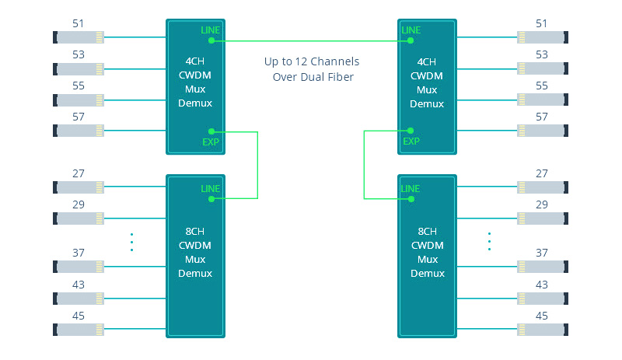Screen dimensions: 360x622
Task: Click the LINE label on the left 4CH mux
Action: [211, 30]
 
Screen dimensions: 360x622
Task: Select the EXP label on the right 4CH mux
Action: [411, 142]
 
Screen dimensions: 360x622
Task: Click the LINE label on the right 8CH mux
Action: [411, 189]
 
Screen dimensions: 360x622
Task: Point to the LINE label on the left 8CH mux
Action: [211, 189]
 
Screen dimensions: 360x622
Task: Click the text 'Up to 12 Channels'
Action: [311, 61]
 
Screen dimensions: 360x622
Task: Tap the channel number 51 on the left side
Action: [78, 23]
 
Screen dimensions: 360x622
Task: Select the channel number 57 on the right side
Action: [543, 117]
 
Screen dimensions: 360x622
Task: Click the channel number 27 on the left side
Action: [78, 174]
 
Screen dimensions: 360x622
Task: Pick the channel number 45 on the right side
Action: [543, 315]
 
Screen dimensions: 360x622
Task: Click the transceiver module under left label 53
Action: [78, 68]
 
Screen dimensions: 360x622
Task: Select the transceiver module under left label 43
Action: [78, 298]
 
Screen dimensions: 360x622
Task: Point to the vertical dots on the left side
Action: [132, 242]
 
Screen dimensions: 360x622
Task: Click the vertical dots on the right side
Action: [489, 242]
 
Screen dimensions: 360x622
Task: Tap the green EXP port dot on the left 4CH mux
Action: [211, 131]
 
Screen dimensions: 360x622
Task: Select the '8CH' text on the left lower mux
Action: [195, 232]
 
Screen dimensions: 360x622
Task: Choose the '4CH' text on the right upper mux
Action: [427, 61]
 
